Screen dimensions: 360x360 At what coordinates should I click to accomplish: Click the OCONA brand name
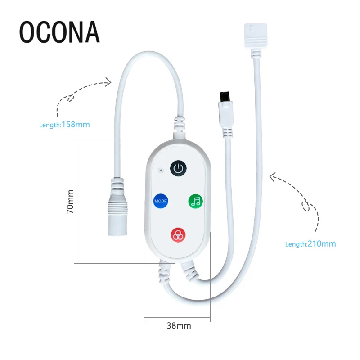click(59, 31)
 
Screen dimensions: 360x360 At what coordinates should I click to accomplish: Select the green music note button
click(196, 201)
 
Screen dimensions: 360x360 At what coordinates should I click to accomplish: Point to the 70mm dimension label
click(70, 201)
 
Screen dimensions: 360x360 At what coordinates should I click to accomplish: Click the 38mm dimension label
click(177, 325)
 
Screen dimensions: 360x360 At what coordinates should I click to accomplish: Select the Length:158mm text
click(64, 124)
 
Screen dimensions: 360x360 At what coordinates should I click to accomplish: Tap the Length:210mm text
click(310, 244)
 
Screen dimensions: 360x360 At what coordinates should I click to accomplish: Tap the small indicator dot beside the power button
click(161, 171)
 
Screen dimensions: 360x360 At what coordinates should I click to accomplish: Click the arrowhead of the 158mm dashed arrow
click(108, 81)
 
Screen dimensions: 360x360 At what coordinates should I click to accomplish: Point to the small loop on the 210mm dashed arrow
click(308, 207)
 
